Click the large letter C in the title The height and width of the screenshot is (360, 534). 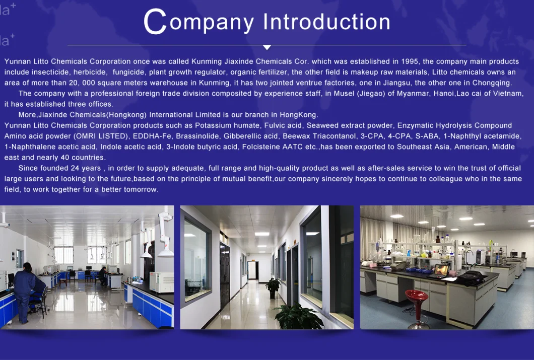155,22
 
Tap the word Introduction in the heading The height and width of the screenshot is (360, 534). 326,22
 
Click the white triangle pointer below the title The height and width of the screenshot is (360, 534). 267,47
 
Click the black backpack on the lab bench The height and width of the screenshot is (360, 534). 473,277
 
